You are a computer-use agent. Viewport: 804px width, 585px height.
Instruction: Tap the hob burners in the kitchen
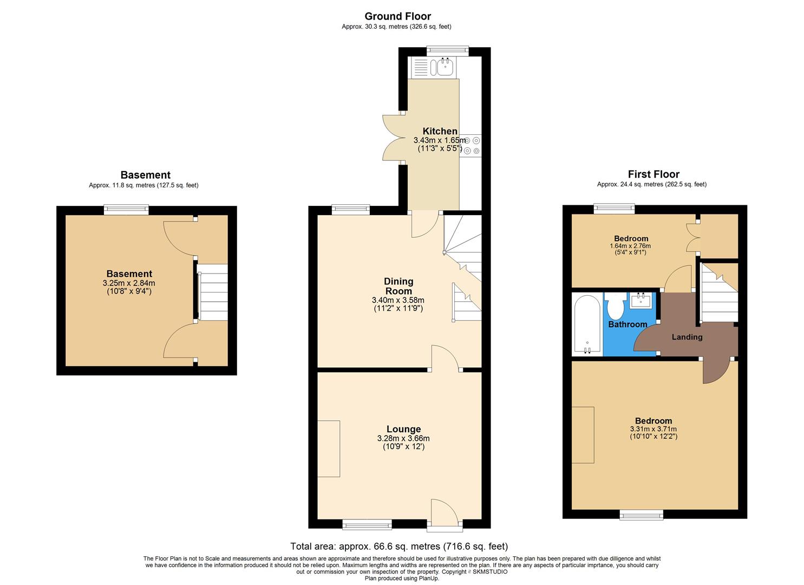click(471, 146)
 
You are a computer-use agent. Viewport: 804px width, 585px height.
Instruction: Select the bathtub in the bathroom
click(587, 324)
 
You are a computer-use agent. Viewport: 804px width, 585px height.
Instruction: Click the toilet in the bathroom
click(616, 307)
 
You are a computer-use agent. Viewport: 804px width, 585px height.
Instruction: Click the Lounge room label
click(403, 429)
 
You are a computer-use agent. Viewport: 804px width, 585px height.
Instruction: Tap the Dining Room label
click(398, 286)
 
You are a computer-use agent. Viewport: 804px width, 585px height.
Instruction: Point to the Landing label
click(687, 337)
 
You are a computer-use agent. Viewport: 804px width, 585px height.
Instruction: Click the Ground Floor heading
click(397, 16)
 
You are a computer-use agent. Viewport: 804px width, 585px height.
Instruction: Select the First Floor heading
click(653, 174)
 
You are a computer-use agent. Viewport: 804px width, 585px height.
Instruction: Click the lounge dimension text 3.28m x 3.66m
click(403, 438)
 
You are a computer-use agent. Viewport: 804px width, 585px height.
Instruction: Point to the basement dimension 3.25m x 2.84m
click(129, 283)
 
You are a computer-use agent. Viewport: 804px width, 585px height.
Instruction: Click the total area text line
click(399, 546)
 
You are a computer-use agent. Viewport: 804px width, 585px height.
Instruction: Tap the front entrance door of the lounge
click(444, 512)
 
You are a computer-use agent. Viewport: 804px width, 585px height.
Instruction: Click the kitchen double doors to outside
click(394, 138)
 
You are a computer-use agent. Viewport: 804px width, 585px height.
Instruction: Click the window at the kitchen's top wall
click(447, 50)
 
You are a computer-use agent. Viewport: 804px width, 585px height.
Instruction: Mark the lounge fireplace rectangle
click(329, 448)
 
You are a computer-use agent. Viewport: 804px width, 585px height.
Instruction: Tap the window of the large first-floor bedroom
click(642, 514)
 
